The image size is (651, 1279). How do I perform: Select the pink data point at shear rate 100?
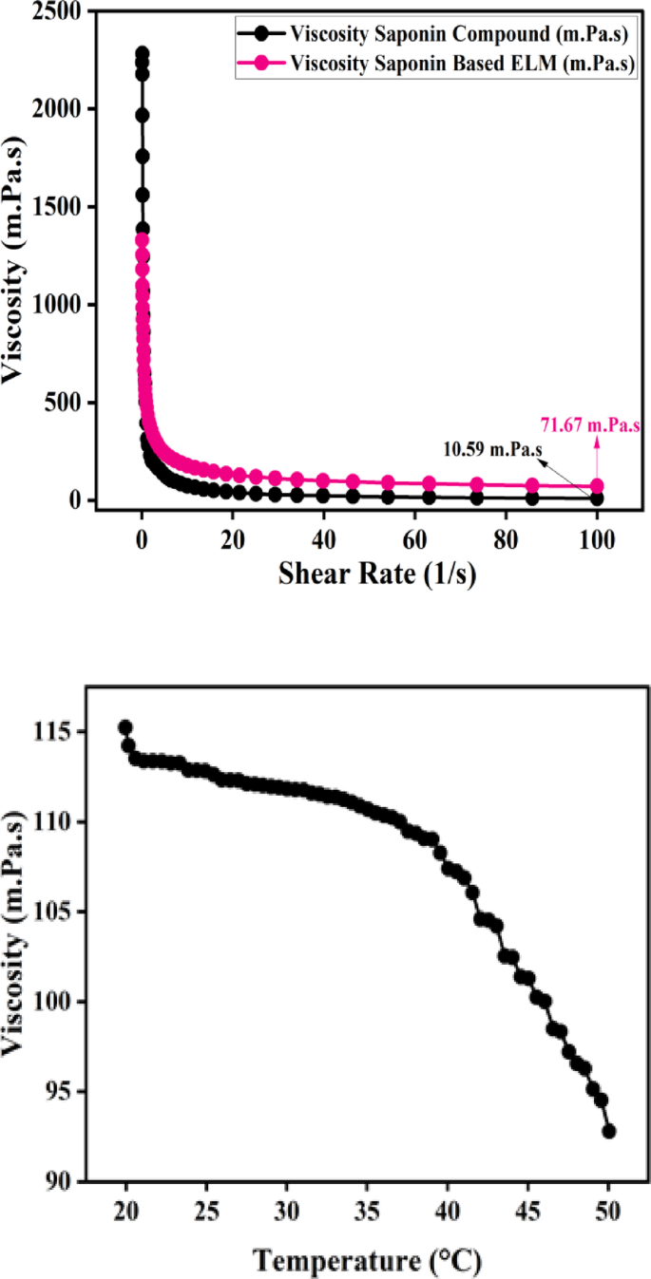(x=597, y=486)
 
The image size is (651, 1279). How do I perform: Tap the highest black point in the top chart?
(x=143, y=54)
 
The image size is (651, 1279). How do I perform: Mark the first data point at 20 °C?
(x=125, y=727)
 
